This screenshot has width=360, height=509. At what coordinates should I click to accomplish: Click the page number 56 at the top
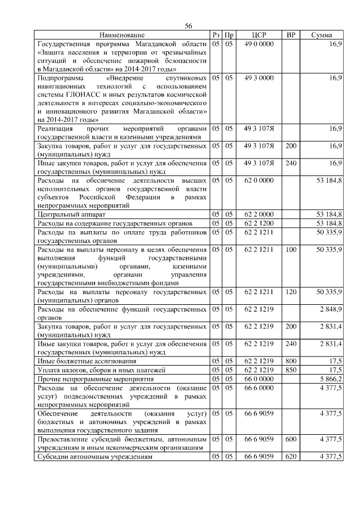pos(188,26)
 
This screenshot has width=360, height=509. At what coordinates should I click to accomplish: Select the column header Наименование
pos(123,35)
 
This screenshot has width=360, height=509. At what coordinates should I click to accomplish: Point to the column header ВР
pos(291,35)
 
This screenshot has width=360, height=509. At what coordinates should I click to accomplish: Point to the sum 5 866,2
pos(330,379)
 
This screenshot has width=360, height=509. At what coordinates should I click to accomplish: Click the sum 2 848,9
pos(330,309)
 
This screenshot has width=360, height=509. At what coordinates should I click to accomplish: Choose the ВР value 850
pos(291,370)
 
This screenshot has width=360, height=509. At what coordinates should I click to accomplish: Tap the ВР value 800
pos(291,361)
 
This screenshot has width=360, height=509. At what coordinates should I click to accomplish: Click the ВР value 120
pos(291,292)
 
